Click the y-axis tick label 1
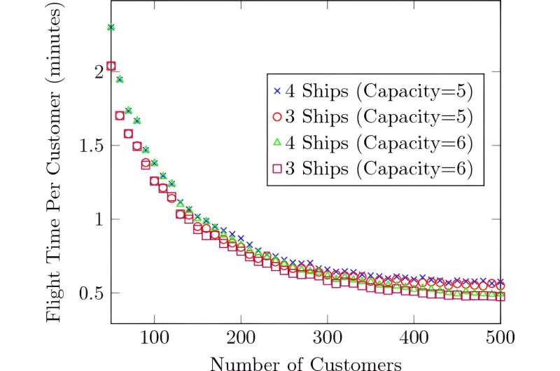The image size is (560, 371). pos(97,219)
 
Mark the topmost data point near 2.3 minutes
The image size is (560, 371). pos(111,27)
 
